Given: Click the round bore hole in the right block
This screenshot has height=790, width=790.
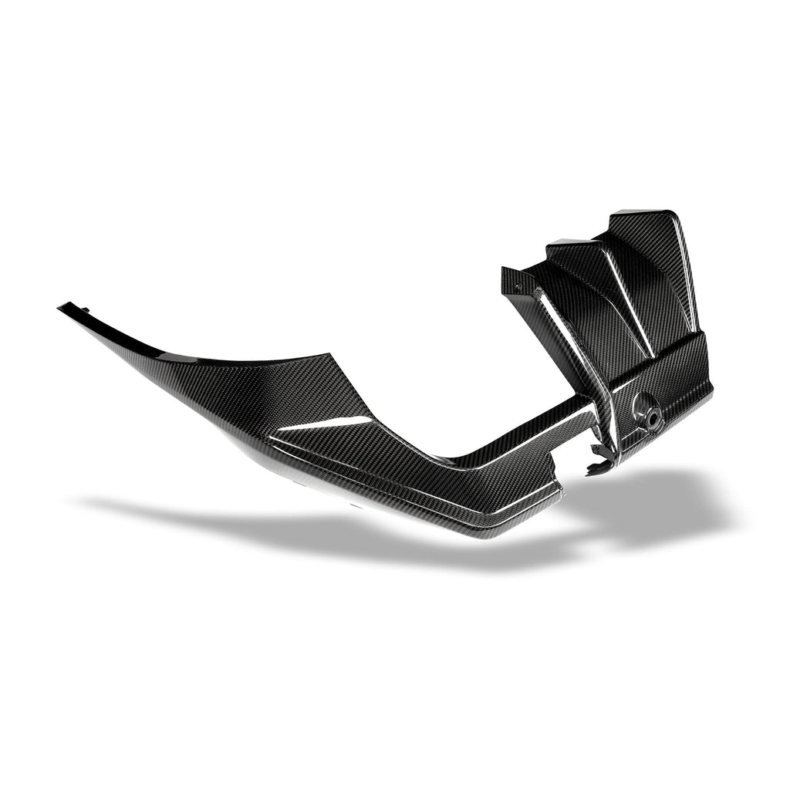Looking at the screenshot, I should [x=646, y=410].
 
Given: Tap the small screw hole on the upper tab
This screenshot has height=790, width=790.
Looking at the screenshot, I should [x=518, y=286].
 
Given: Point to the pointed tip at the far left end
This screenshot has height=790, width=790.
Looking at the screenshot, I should [x=60, y=307].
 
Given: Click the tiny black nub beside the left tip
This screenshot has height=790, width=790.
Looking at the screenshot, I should [x=86, y=310].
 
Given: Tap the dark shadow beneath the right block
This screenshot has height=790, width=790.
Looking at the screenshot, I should [x=656, y=501].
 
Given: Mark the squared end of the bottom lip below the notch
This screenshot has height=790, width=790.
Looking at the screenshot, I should [x=557, y=494].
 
